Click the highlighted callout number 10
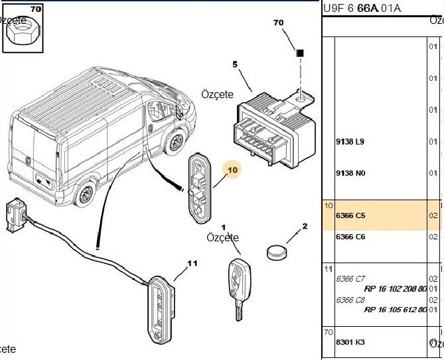tap(232, 171)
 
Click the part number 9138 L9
tap(350, 142)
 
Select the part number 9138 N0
tap(350, 173)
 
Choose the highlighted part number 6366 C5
tap(350, 216)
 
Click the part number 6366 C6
tap(350, 237)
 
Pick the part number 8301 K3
tap(350, 341)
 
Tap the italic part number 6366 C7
tap(350, 278)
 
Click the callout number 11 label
tap(192, 263)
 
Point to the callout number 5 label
tap(234, 64)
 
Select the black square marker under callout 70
tap(300, 52)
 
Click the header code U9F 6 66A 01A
tap(362, 8)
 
